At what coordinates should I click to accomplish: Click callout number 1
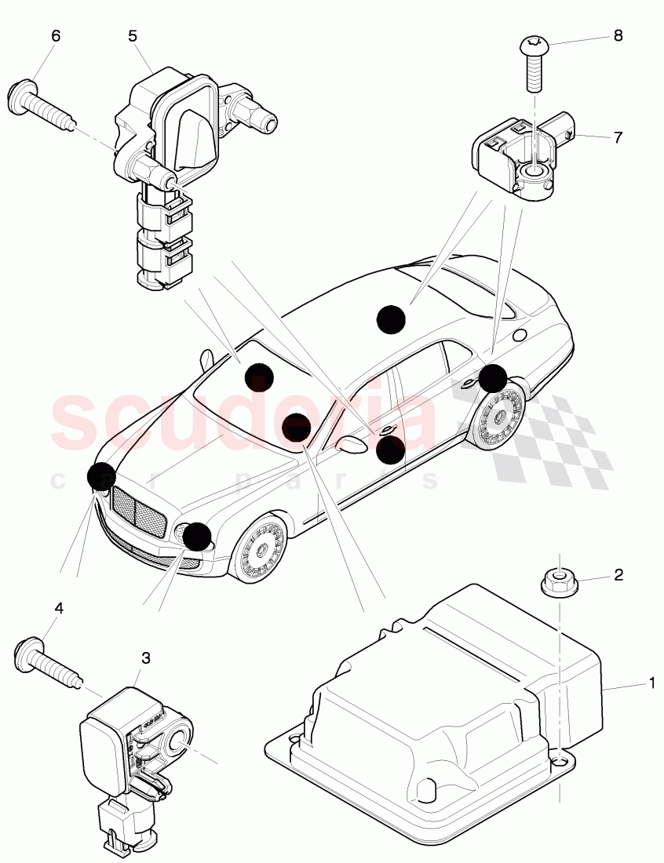click(651, 683)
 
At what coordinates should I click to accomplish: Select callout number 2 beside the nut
click(618, 576)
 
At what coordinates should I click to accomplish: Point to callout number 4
click(57, 607)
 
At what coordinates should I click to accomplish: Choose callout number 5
click(133, 35)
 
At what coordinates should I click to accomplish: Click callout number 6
click(55, 36)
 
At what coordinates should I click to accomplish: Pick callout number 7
click(618, 137)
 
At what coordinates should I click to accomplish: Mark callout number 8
click(618, 35)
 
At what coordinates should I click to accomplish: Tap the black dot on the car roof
click(391, 319)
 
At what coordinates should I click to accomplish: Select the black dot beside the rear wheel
click(493, 378)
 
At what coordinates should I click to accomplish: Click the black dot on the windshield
click(259, 377)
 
